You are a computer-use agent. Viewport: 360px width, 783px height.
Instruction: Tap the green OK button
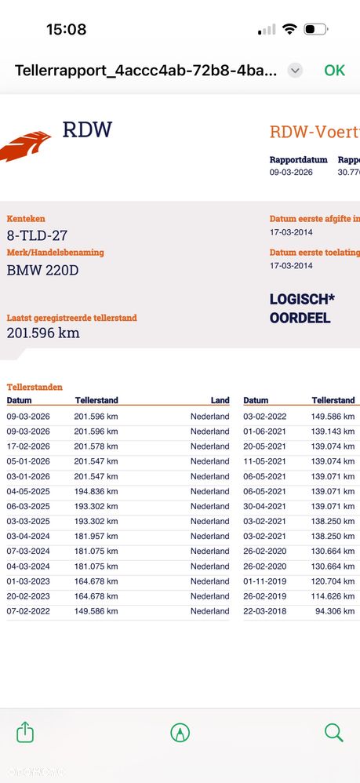point(334,70)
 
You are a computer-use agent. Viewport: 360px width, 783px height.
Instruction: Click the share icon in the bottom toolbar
point(25,733)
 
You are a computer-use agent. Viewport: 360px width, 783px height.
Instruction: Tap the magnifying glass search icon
point(334,733)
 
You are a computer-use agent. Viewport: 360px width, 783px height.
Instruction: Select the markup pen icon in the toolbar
point(180,733)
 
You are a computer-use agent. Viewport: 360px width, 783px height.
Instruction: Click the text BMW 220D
point(42,271)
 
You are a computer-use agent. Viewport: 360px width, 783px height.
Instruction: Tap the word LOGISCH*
point(302,300)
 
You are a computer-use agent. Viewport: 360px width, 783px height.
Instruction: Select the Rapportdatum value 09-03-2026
point(291,172)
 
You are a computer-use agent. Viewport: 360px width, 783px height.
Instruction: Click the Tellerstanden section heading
point(35,387)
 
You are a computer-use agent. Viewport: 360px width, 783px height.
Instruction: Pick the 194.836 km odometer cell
point(96,491)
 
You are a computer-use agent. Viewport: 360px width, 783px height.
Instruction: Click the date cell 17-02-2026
point(28,446)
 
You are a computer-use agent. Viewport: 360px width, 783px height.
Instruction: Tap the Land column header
point(220,400)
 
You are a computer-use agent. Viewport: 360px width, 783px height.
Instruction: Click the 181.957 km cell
point(96,536)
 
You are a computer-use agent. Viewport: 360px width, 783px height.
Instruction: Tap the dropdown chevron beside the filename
point(295,70)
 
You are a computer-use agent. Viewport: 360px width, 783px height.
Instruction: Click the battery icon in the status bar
point(315,30)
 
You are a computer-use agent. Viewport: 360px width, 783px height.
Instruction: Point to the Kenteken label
point(26,218)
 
